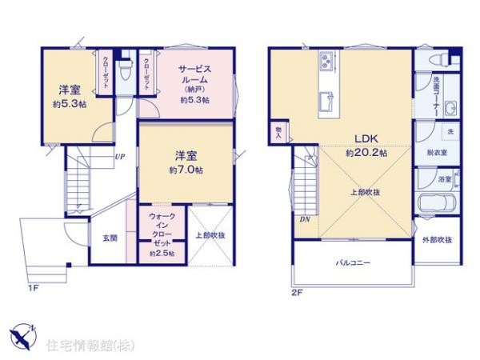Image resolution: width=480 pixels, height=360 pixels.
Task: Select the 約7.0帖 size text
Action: (x=186, y=170)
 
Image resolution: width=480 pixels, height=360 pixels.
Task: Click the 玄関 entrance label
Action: (x=110, y=238)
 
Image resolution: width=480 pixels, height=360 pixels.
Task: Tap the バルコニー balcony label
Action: (x=352, y=262)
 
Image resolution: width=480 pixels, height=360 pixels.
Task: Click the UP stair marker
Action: (x=119, y=157)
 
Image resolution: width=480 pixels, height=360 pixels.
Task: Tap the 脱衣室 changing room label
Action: (x=436, y=152)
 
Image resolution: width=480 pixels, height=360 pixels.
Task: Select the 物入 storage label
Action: (x=278, y=131)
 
